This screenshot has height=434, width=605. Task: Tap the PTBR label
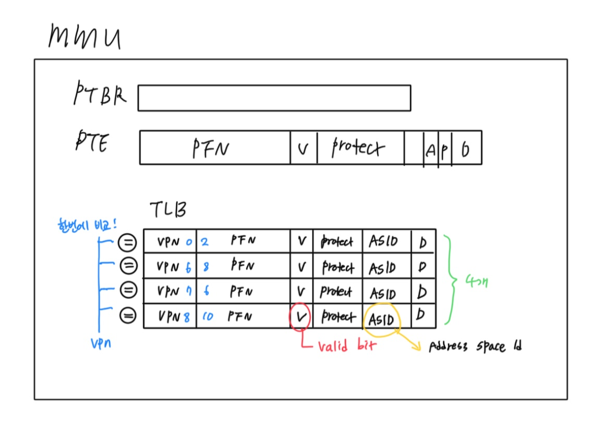[x=99, y=95]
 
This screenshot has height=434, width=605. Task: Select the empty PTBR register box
[x=274, y=98]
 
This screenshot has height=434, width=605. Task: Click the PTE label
[x=92, y=142]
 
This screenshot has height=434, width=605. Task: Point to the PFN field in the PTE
[x=211, y=148]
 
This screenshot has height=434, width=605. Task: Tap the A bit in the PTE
[x=430, y=151]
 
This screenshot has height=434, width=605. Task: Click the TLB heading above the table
[x=168, y=210]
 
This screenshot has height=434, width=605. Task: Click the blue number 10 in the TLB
[x=208, y=316]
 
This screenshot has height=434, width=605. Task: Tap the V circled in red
[x=301, y=316]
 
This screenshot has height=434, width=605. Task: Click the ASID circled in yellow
[x=381, y=318]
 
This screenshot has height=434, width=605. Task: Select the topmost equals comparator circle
[x=127, y=242]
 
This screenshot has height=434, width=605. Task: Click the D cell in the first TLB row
[x=423, y=242]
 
